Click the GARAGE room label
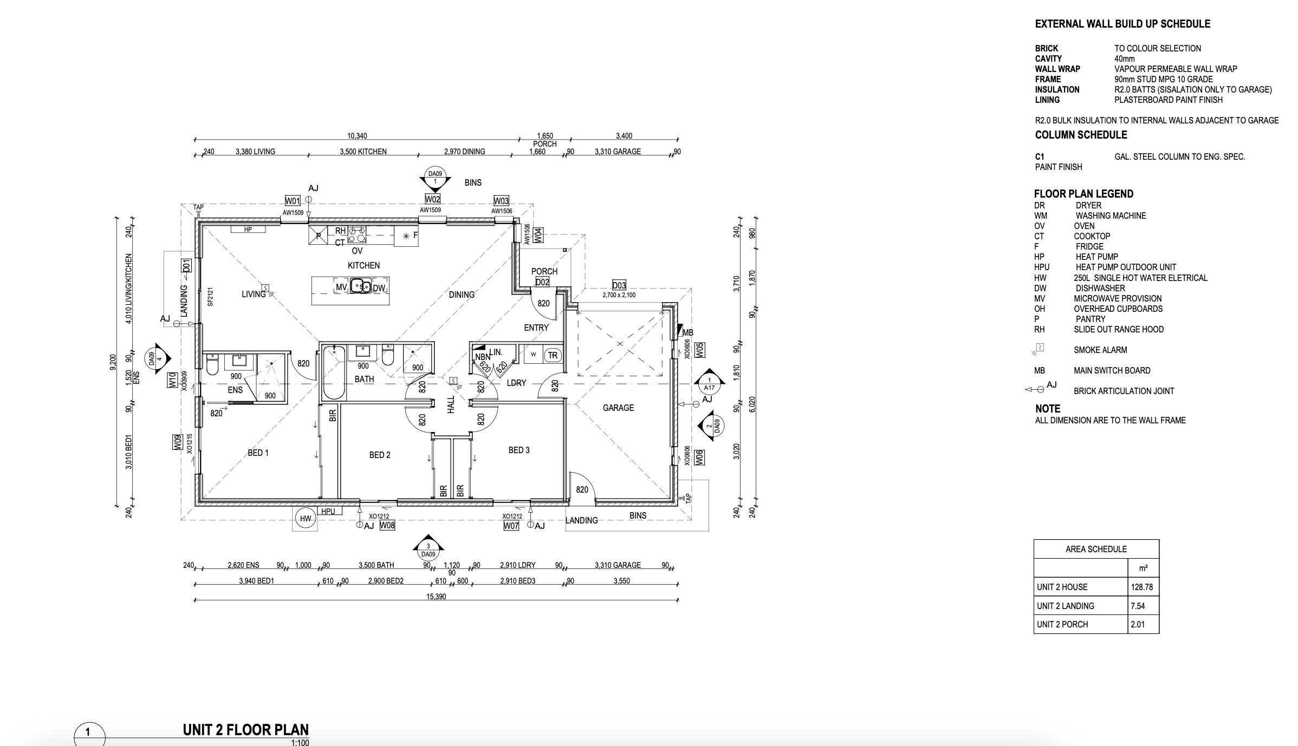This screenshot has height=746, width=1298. [x=618, y=408]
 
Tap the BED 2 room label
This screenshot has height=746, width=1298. [x=380, y=455]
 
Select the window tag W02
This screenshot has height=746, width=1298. [x=432, y=199]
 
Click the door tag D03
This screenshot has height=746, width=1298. [x=619, y=285]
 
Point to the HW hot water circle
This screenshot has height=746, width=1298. [x=306, y=519]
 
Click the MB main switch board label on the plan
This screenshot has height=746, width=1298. [x=688, y=332]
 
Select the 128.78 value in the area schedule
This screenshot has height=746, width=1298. [x=1141, y=587]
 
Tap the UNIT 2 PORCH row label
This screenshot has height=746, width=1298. [x=1062, y=624]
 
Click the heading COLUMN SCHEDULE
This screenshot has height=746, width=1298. [x=1081, y=135]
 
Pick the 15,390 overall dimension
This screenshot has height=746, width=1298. [x=436, y=597]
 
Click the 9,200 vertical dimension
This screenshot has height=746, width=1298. [x=113, y=362]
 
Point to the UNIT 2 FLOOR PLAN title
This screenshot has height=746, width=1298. [x=245, y=730]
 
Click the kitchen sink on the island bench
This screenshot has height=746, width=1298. [x=360, y=285]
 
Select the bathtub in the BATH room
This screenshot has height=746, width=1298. [x=334, y=374]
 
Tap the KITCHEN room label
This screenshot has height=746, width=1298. [x=364, y=265]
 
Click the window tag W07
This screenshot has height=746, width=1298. [x=511, y=526]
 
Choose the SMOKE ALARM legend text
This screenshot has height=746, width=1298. [x=1100, y=350]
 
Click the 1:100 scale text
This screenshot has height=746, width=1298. [x=300, y=742]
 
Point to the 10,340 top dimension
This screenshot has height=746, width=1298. [x=357, y=136]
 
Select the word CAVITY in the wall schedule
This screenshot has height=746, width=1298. [x=1048, y=58]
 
